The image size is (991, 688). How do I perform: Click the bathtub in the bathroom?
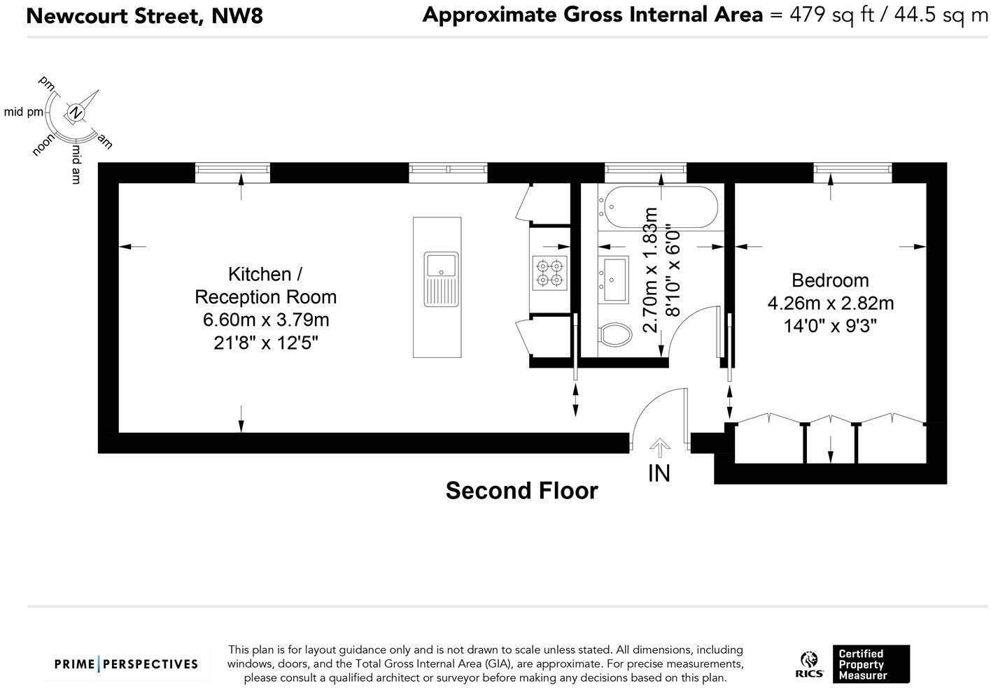(x=661, y=207)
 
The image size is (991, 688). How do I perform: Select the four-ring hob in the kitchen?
(x=549, y=273)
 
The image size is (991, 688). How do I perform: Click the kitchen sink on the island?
(x=441, y=279)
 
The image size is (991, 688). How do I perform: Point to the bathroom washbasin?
(x=613, y=280)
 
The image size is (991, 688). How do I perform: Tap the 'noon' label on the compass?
(x=43, y=145)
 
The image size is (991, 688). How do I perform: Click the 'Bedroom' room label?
(x=830, y=280)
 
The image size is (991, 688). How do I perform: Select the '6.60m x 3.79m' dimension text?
(x=266, y=320)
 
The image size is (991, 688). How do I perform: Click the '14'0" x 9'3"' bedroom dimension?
(x=830, y=326)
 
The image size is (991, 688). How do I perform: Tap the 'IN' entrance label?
(x=659, y=473)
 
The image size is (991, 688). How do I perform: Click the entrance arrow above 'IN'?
(x=660, y=447)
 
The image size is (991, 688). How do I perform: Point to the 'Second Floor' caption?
(x=521, y=491)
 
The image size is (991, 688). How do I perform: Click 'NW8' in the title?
(x=237, y=16)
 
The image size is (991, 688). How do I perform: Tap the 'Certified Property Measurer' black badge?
(x=871, y=664)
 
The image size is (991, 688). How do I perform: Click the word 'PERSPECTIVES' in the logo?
(x=150, y=664)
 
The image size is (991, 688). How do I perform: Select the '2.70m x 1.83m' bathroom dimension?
(x=650, y=270)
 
